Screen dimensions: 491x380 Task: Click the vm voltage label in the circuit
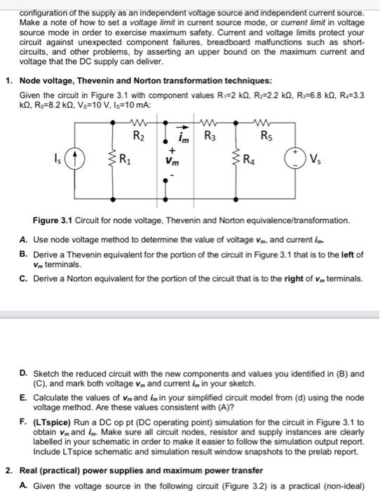point(170,161)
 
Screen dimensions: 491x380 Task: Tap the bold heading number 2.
point(8,466)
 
